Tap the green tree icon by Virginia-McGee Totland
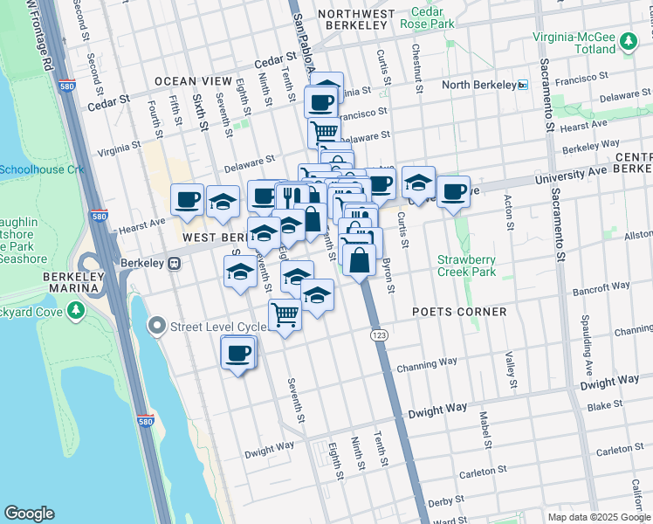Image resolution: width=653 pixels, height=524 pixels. (627, 41)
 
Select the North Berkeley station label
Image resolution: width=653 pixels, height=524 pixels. (478, 85)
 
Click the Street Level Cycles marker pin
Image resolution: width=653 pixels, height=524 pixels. (157, 327)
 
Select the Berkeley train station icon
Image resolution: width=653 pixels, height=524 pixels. (175, 263)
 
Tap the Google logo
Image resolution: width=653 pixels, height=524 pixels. (29, 514)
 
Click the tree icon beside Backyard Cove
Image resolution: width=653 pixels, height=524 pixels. (77, 310)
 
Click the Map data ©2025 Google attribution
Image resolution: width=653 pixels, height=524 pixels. (598, 517)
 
